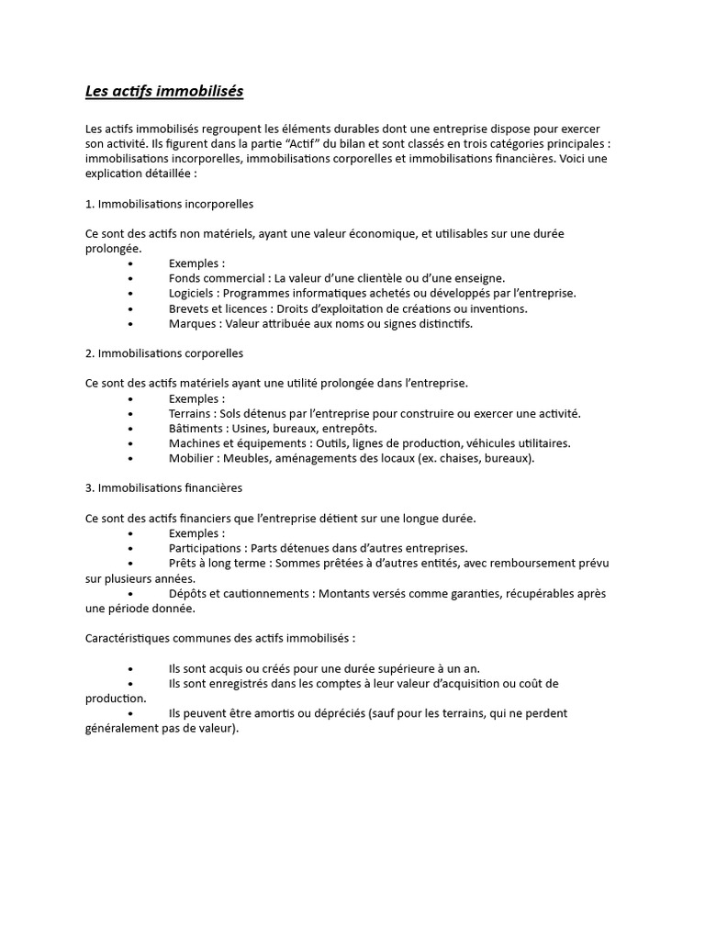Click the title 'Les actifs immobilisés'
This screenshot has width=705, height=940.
pyautogui.click(x=164, y=92)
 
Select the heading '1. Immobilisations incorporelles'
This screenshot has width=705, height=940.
pyautogui.click(x=169, y=203)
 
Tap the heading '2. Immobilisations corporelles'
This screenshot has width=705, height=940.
pyautogui.click(x=164, y=352)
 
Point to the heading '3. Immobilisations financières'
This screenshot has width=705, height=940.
pyautogui.click(x=163, y=487)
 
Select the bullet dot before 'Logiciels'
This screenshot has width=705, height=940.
pyautogui.click(x=131, y=294)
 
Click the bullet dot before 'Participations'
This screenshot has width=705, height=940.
pyautogui.click(x=131, y=549)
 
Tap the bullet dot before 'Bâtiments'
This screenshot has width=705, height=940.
pyautogui.click(x=131, y=429)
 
